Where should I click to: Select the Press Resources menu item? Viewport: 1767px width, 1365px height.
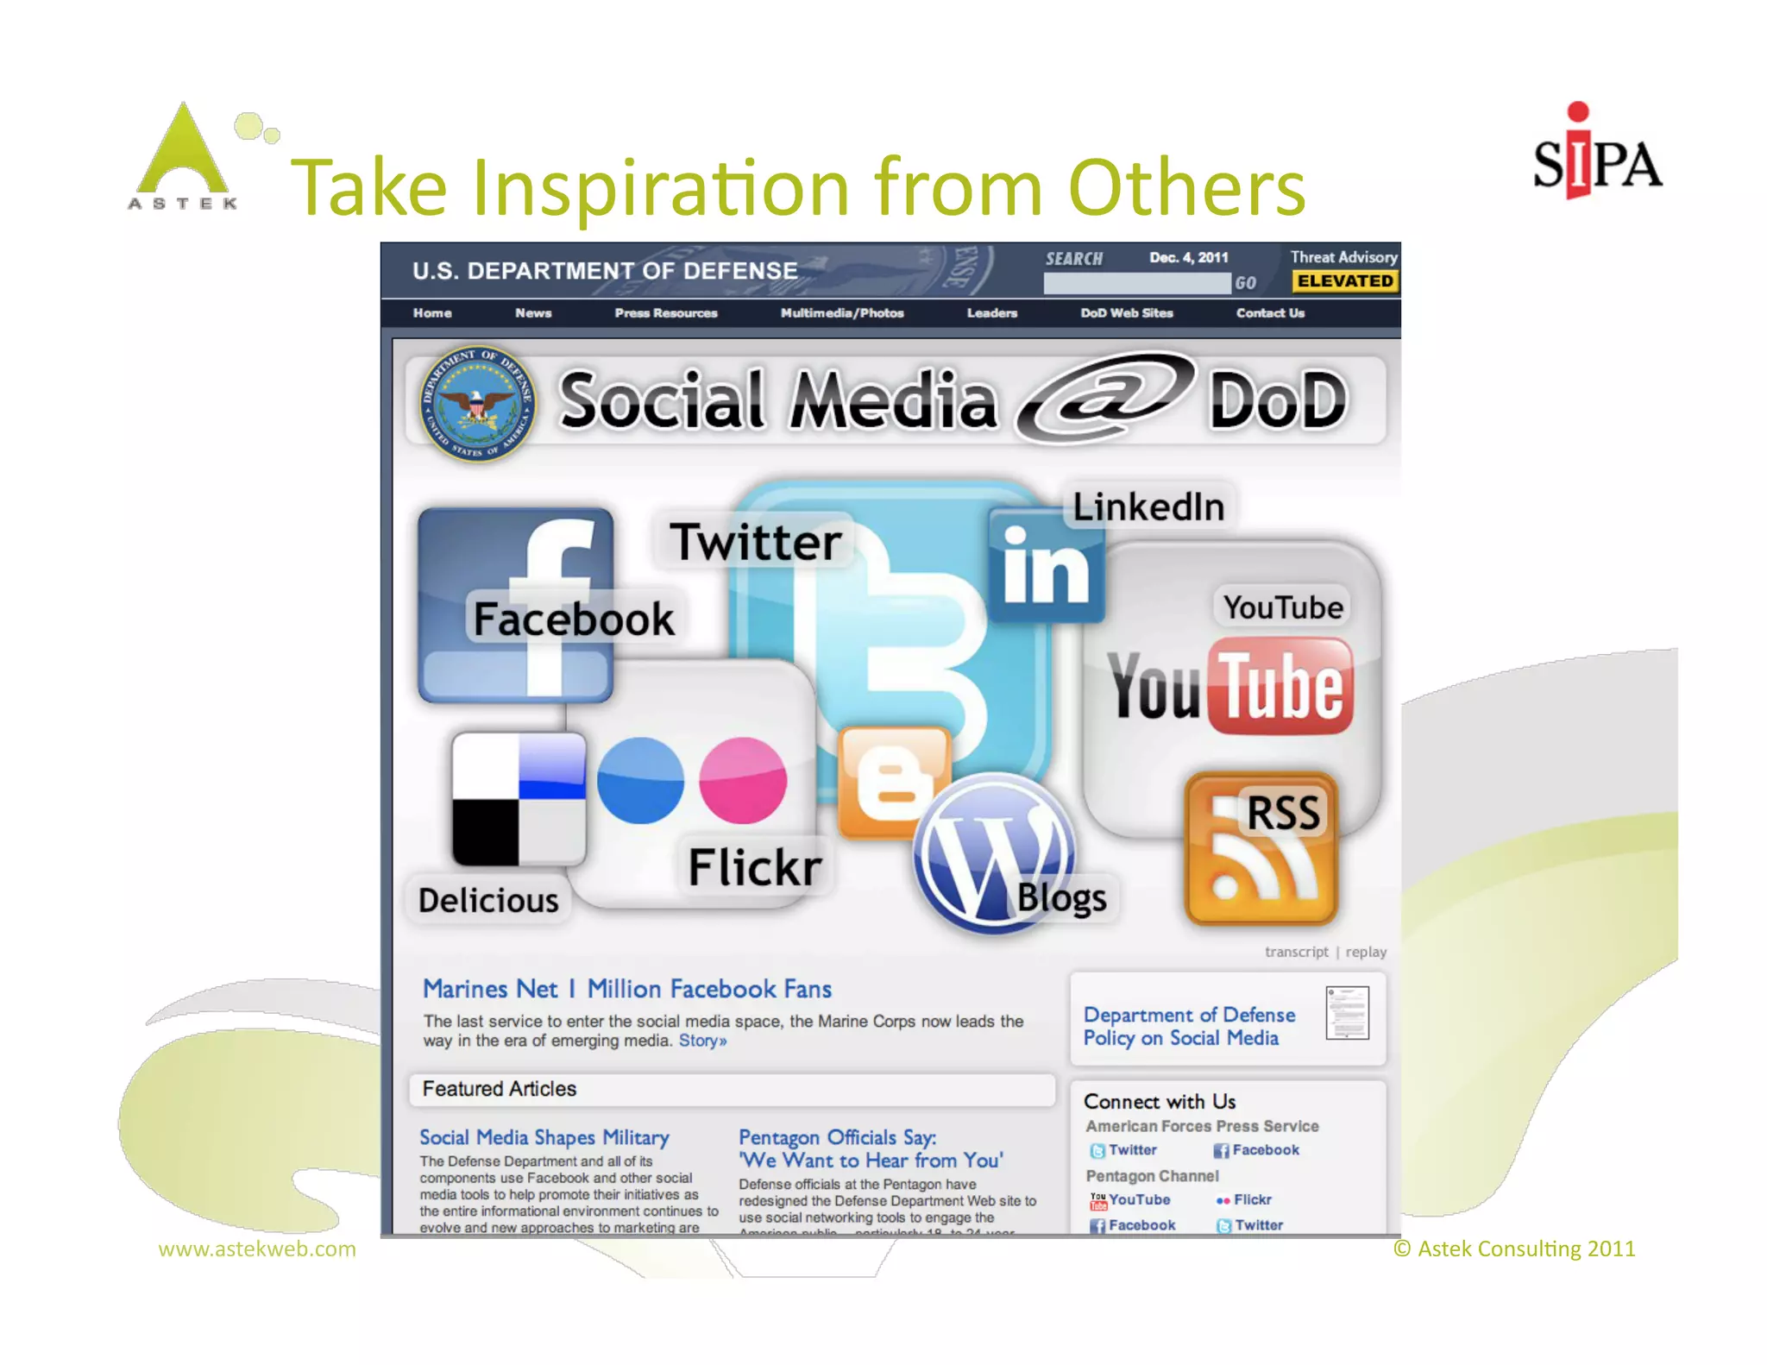tap(665, 313)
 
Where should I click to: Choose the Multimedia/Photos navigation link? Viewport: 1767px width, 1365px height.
tap(841, 313)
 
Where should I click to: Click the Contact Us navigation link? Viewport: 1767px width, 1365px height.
tap(1269, 313)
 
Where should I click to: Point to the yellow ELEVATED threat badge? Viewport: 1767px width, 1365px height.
tap(1344, 281)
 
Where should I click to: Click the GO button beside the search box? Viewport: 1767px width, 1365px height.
tap(1244, 283)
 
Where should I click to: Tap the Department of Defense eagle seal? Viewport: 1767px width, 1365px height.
tap(477, 404)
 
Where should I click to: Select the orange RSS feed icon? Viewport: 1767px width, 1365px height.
tap(1261, 850)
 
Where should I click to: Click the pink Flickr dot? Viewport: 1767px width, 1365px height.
tap(742, 781)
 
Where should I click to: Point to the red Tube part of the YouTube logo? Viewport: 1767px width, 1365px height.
tap(1281, 686)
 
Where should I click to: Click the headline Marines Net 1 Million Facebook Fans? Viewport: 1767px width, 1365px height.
tap(627, 989)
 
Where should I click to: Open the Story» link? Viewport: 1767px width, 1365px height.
tap(702, 1041)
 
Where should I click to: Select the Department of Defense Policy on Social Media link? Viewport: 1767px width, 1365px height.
tap(1189, 1027)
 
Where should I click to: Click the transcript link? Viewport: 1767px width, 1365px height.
tap(1296, 952)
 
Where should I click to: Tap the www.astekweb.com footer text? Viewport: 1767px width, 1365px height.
tap(257, 1249)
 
